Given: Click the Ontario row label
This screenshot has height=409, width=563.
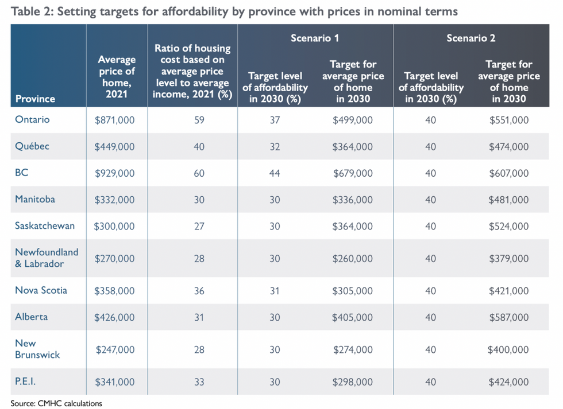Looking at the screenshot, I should pyautogui.click(x=32, y=119).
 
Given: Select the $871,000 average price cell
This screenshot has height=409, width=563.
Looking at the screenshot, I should pyautogui.click(x=114, y=120).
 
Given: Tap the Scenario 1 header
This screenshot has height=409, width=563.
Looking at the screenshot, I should pyautogui.click(x=315, y=38).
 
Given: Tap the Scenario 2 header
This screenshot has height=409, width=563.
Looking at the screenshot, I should pyautogui.click(x=471, y=38).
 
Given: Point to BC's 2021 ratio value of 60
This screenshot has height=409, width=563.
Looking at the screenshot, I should pyautogui.click(x=199, y=173).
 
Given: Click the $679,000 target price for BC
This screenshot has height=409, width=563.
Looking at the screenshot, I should pyautogui.click(x=352, y=173).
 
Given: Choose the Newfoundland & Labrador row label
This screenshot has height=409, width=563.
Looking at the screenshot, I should pyautogui.click(x=47, y=258).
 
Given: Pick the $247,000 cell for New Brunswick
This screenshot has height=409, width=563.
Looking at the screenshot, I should pyautogui.click(x=114, y=349).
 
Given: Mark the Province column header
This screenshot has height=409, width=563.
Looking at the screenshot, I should pyautogui.click(x=35, y=99).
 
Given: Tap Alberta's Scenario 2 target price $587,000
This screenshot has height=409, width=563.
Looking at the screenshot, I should pyautogui.click(x=508, y=317).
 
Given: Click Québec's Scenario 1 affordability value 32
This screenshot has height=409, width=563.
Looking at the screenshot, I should pyautogui.click(x=275, y=147).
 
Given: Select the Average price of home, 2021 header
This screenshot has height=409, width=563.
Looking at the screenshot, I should pyautogui.click(x=117, y=76).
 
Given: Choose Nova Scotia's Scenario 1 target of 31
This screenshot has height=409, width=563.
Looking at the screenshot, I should pyautogui.click(x=275, y=291).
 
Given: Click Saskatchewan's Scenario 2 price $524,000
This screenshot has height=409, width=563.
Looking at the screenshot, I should pyautogui.click(x=508, y=227).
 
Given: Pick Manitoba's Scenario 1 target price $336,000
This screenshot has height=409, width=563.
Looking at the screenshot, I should pyautogui.click(x=352, y=200).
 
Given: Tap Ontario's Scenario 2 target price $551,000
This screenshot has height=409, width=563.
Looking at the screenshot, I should pyautogui.click(x=508, y=120).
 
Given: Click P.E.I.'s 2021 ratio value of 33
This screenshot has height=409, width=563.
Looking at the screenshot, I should pyautogui.click(x=199, y=382).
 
